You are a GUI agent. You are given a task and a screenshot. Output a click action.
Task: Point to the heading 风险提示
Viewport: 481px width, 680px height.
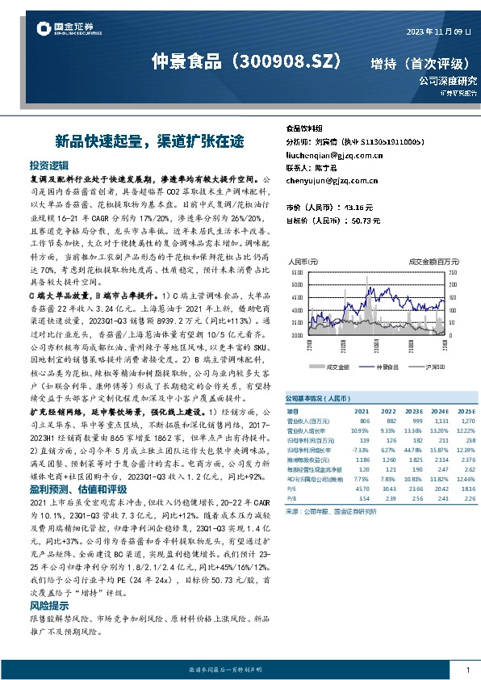click(x=50, y=604)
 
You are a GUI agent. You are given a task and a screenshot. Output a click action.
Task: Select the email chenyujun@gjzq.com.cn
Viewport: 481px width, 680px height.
click(x=329, y=180)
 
